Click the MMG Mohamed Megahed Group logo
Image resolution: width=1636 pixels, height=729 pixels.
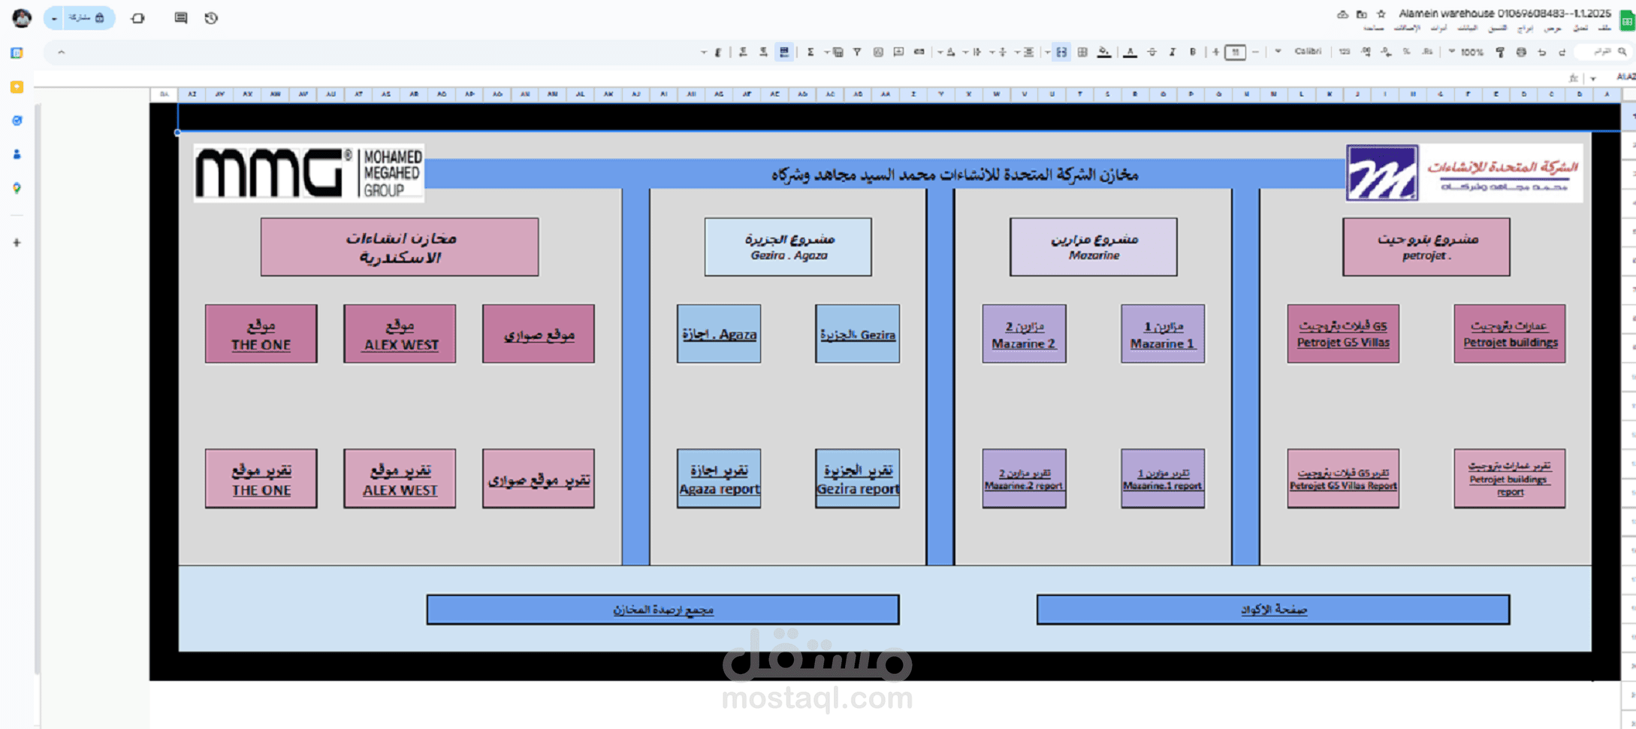point(308,173)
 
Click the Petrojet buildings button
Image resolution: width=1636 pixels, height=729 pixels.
point(1509,334)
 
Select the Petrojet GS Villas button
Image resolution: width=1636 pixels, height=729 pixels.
point(1342,334)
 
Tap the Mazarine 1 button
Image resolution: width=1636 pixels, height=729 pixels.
point(1162,334)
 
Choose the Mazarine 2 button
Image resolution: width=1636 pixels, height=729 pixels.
point(1023,334)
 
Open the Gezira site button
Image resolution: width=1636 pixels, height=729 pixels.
point(857,334)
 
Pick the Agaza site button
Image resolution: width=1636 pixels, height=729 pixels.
point(718,334)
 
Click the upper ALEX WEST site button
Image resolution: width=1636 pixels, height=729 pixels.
point(400,334)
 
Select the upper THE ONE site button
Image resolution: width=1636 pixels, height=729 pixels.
point(261,334)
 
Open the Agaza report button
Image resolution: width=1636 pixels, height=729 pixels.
point(718,479)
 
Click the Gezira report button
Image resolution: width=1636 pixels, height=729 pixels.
point(857,479)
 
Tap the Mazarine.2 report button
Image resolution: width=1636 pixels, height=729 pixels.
point(1023,479)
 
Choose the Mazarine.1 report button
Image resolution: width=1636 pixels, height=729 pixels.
point(1162,479)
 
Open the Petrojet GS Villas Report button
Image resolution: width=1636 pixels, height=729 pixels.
point(1342,479)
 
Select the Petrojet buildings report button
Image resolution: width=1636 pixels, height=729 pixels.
point(1509,479)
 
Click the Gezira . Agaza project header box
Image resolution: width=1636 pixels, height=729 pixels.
point(788,247)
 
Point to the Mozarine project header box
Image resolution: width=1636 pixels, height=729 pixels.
point(1093,247)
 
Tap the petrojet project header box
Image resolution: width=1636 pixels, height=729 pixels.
point(1426,247)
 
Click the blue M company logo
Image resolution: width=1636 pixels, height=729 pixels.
point(1381,173)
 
